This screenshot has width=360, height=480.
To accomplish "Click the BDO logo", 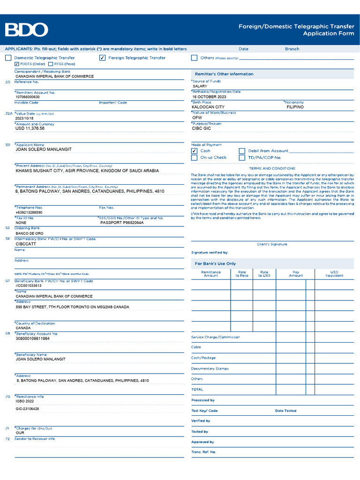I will click(27, 30).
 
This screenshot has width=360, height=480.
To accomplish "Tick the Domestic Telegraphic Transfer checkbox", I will click(8, 58).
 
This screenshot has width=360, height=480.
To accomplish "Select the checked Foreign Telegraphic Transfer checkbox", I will click(102, 58).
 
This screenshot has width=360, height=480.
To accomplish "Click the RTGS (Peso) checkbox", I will click(51, 64).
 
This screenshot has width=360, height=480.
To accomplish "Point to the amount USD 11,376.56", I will click(30, 128).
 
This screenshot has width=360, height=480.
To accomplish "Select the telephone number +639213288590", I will click(29, 212).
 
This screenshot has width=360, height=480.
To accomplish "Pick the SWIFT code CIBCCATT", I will click(26, 244).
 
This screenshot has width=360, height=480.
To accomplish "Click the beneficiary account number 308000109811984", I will click(32, 338).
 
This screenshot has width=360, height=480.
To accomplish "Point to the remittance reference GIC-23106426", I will click(28, 409).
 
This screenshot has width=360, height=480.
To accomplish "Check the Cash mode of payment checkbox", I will click(194, 151).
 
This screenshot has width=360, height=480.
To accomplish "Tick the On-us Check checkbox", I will click(194, 158).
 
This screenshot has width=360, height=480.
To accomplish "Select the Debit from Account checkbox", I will click(242, 151).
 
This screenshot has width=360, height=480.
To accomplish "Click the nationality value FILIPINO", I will click(295, 107).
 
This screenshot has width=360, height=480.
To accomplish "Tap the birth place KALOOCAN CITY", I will click(208, 107).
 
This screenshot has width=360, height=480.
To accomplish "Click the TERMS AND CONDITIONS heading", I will click(272, 168).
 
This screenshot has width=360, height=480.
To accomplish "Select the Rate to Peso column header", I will click(242, 274).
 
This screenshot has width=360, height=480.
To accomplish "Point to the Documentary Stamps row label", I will click(210, 369).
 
